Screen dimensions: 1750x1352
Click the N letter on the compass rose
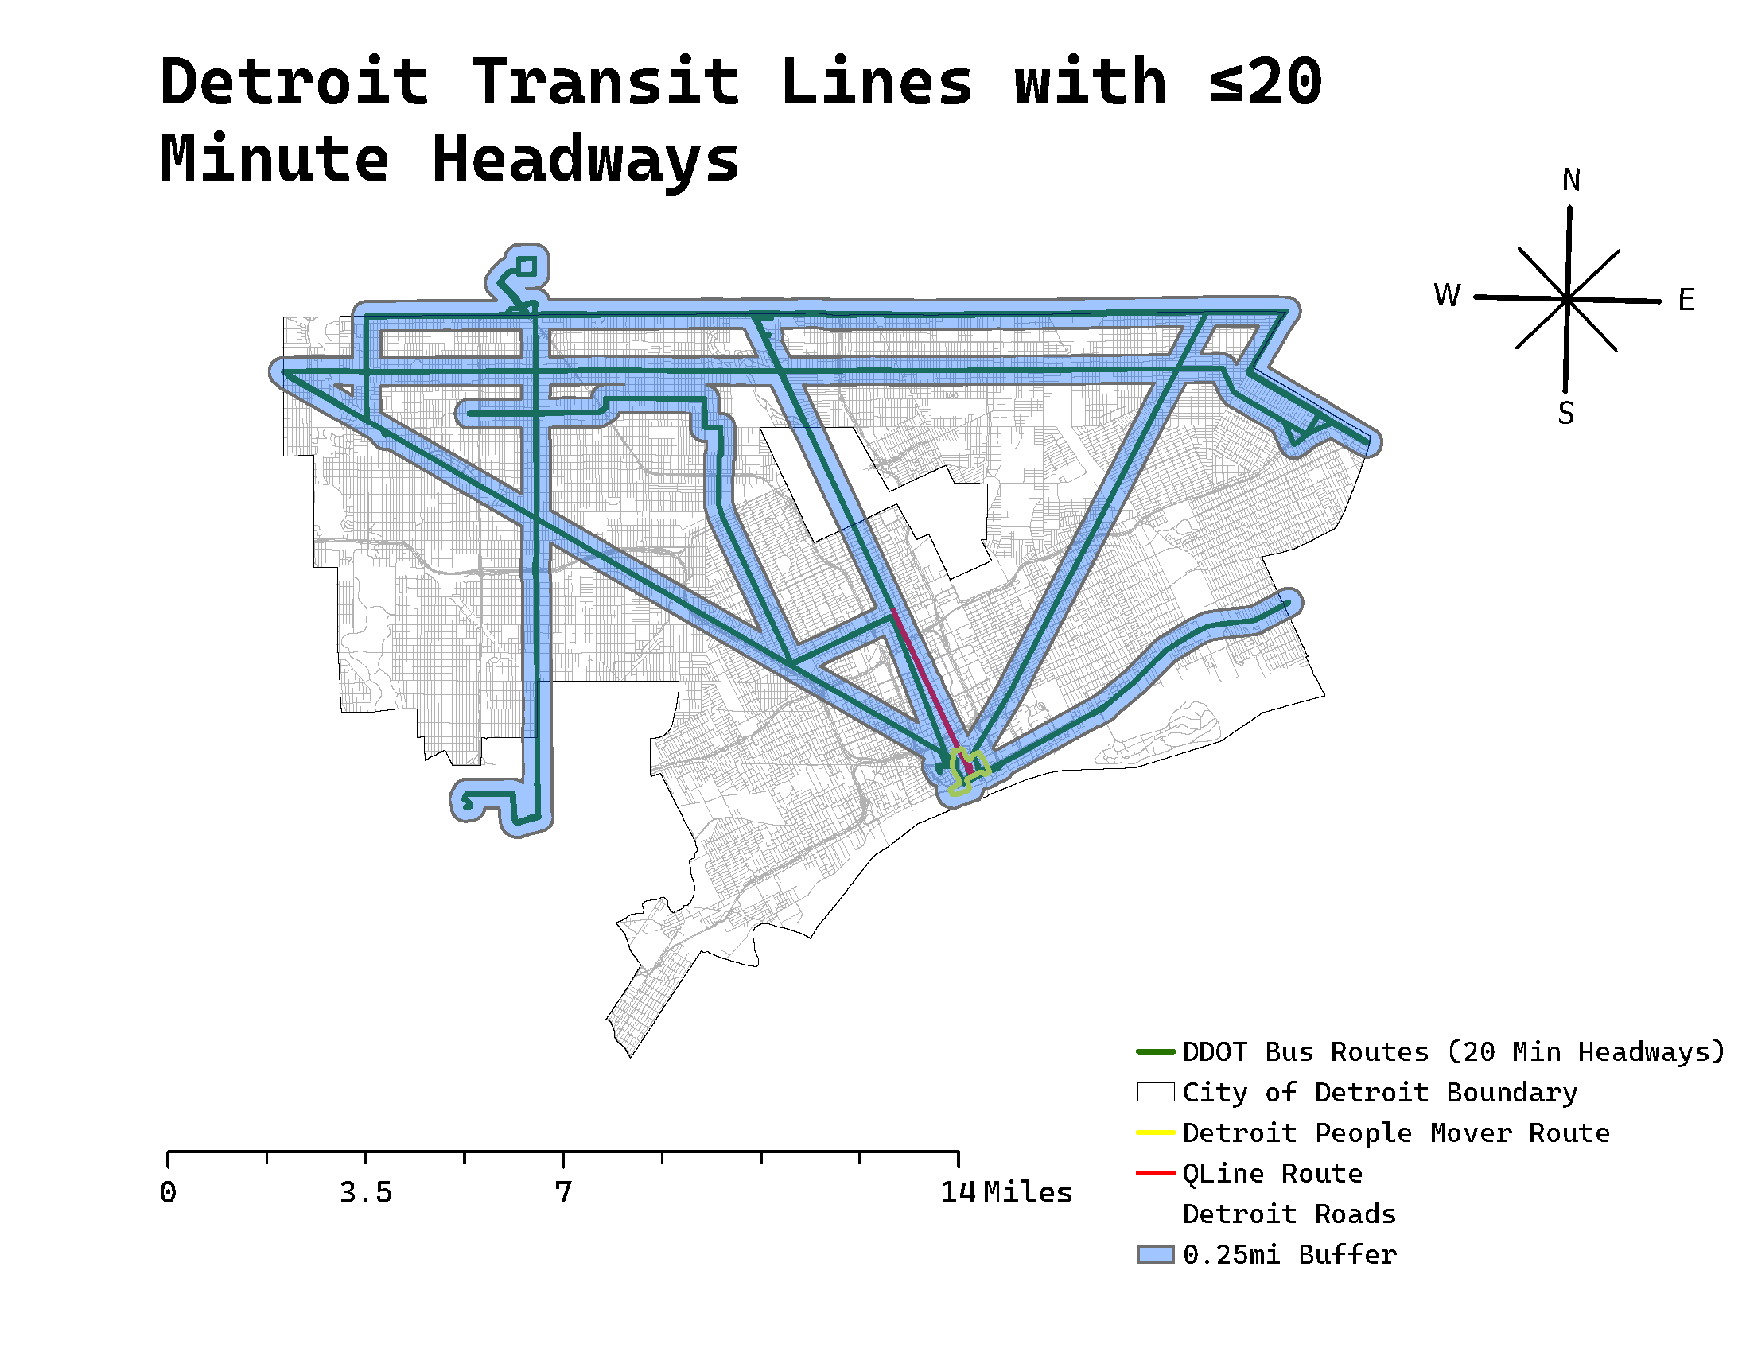(x=1570, y=181)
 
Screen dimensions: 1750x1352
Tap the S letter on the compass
(x=1565, y=414)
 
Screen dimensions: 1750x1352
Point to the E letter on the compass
(x=1686, y=301)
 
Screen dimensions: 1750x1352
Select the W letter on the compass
(x=1447, y=296)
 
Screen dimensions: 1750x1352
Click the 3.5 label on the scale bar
(x=365, y=1193)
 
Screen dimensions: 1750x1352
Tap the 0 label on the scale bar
(x=168, y=1193)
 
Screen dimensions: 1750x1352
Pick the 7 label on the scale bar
(x=563, y=1193)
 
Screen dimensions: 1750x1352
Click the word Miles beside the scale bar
(x=1027, y=1193)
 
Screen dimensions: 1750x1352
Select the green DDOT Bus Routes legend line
(x=1155, y=1051)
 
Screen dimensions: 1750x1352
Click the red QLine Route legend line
(x=1155, y=1173)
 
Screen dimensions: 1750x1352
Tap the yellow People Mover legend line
(x=1155, y=1132)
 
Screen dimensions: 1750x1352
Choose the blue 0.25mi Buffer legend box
(x=1155, y=1254)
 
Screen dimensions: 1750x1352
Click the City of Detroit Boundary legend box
(x=1155, y=1093)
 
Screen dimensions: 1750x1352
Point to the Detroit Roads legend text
(x=1289, y=1214)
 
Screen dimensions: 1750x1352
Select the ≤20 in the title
(x=1266, y=82)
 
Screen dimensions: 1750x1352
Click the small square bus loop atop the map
(x=527, y=266)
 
